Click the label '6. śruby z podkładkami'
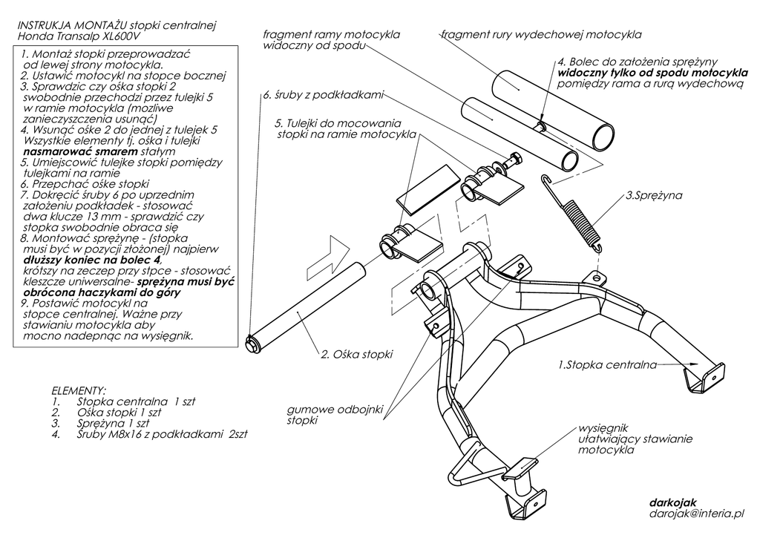click(x=322, y=96)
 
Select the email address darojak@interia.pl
click(x=695, y=513)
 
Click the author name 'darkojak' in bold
click(x=672, y=502)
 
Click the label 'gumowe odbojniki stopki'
click(x=324, y=415)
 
